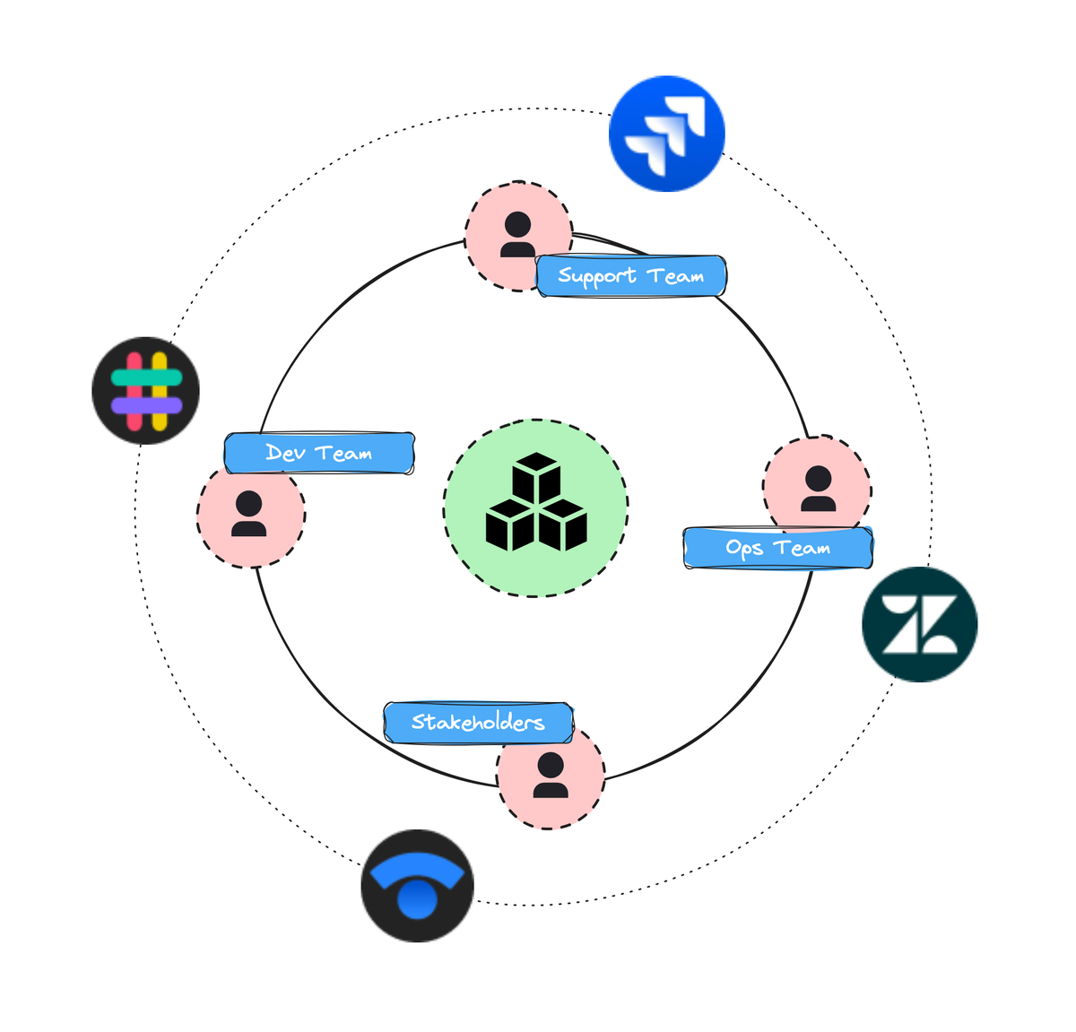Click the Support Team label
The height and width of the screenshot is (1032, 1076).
click(631, 276)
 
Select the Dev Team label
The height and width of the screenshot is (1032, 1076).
click(319, 454)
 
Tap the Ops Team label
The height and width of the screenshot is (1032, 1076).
click(777, 548)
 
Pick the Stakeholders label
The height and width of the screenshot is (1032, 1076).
click(478, 723)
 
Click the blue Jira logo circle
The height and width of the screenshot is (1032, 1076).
click(666, 134)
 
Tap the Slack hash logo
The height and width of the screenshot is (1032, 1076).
click(146, 391)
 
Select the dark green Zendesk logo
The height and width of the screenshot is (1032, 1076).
click(919, 624)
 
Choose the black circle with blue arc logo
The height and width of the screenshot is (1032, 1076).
click(417, 886)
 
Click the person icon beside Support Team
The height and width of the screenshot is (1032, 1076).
click(518, 235)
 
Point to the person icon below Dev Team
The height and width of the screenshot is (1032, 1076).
click(249, 514)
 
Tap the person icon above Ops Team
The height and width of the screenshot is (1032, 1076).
click(818, 489)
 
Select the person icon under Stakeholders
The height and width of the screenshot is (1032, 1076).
click(551, 776)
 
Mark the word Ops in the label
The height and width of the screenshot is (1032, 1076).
click(744, 549)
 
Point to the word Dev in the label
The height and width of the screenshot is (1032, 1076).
click(286, 454)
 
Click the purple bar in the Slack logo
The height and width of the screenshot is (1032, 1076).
click(146, 405)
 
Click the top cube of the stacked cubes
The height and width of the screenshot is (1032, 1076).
click(536, 475)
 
